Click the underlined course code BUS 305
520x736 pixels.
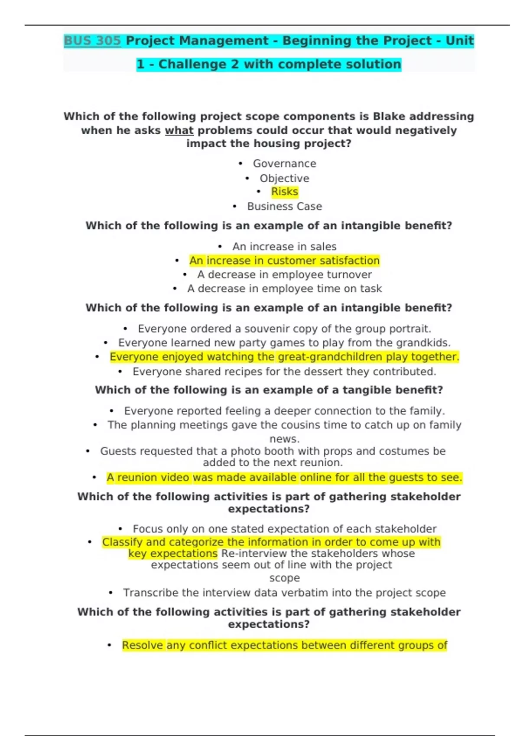pos(92,41)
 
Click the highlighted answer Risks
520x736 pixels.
pos(284,192)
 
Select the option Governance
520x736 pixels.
pos(284,164)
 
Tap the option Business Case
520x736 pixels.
pos(284,207)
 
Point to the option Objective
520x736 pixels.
pos(284,178)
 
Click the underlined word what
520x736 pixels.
pos(179,130)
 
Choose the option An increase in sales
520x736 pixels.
pos(284,247)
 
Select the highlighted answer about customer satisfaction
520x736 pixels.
pos(284,261)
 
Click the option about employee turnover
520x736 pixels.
pos(284,275)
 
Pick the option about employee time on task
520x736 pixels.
pos(284,289)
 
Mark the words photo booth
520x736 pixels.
pos(253,451)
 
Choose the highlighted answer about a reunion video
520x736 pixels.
pos(284,478)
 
